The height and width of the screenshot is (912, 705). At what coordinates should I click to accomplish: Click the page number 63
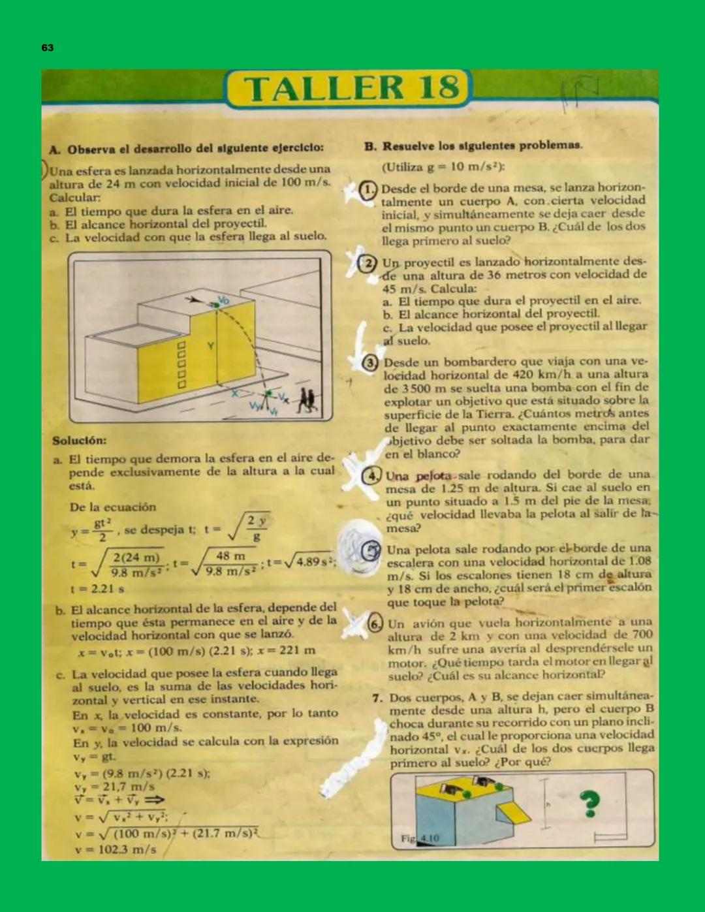pos(47,48)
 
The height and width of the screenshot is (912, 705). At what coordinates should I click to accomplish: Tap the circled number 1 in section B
pos(368,190)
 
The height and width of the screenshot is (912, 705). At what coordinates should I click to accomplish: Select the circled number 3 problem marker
pos(370,362)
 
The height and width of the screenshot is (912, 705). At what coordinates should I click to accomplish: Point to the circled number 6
pos(375,623)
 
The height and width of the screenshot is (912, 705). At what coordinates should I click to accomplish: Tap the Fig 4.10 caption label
pos(420,838)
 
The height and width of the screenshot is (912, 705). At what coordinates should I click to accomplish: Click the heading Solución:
pos(80,441)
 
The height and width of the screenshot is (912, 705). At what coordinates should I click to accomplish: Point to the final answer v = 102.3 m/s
pos(116,850)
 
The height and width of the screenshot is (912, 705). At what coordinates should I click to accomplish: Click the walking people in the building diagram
pos(306,401)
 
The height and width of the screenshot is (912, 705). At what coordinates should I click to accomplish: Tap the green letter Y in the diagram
pos(211,345)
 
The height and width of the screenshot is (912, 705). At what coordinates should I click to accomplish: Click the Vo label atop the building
pos(223,300)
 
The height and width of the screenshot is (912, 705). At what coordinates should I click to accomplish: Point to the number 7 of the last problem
pos(377,698)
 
